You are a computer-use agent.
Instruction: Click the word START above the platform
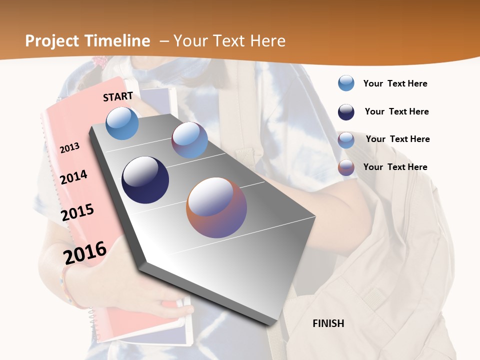[x=118, y=96]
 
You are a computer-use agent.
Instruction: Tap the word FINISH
[x=328, y=323]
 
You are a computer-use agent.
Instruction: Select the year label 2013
[x=69, y=147]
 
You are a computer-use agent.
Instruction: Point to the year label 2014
[x=73, y=177]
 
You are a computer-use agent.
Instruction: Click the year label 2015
[x=77, y=212]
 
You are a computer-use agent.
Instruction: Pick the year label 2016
[x=85, y=252]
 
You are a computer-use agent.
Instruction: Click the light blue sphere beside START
[x=122, y=123]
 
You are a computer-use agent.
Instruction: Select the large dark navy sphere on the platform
[x=145, y=180]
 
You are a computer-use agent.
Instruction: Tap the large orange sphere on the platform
[x=216, y=207]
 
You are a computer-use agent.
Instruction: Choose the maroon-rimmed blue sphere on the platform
[x=189, y=140]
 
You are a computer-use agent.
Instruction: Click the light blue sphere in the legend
[x=346, y=83]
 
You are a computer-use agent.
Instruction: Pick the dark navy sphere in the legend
[x=346, y=112]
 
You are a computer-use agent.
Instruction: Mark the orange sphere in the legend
[x=346, y=167]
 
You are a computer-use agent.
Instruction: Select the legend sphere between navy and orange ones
[x=346, y=139]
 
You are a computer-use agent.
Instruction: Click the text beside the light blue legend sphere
[x=395, y=83]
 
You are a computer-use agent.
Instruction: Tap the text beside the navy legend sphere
[x=396, y=111]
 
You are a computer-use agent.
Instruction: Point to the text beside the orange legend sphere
[x=395, y=167]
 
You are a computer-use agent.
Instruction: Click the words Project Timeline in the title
[x=87, y=41]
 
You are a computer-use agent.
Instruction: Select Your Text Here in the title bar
[x=229, y=41]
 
